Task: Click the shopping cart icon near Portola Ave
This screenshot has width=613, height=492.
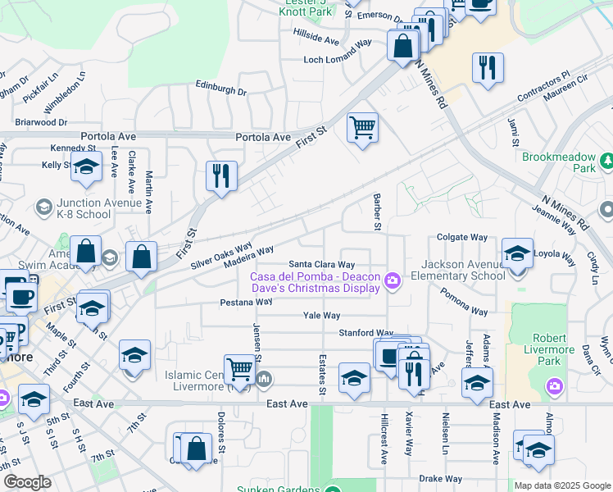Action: tap(362, 128)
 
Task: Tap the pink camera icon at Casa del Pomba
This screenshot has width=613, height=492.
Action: tap(393, 281)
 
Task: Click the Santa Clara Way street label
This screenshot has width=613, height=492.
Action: tap(320, 265)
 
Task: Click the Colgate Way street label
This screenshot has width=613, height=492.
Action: tap(462, 237)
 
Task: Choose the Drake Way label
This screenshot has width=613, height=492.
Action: tap(440, 478)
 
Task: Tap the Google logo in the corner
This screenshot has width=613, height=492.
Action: tap(27, 482)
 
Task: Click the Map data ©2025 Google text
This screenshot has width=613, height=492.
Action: tap(561, 485)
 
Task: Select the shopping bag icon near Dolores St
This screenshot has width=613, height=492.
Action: tap(196, 449)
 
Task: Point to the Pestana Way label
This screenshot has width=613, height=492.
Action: tap(246, 302)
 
